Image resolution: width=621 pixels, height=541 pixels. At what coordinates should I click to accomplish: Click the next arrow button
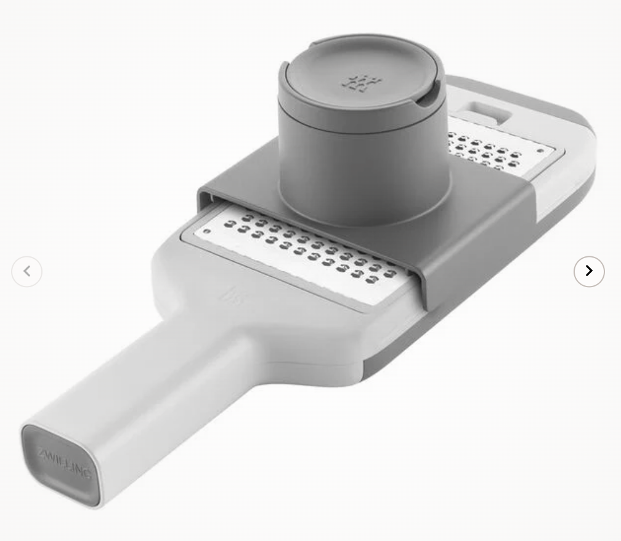(x=589, y=271)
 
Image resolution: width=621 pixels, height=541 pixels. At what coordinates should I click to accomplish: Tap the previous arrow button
(x=26, y=271)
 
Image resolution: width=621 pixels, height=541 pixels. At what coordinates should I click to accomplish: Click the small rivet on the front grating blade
(x=206, y=231)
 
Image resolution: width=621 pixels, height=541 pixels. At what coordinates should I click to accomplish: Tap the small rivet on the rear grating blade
(x=540, y=151)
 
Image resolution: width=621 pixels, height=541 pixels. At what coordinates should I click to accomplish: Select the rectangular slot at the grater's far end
(x=484, y=112)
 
